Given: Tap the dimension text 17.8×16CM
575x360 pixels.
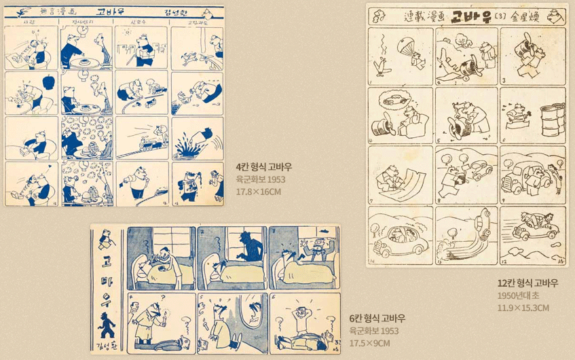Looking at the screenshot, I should [x=258, y=192].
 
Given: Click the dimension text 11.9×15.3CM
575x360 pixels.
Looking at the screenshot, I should [x=523, y=308].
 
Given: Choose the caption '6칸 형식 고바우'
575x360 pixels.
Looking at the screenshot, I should [x=377, y=318].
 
